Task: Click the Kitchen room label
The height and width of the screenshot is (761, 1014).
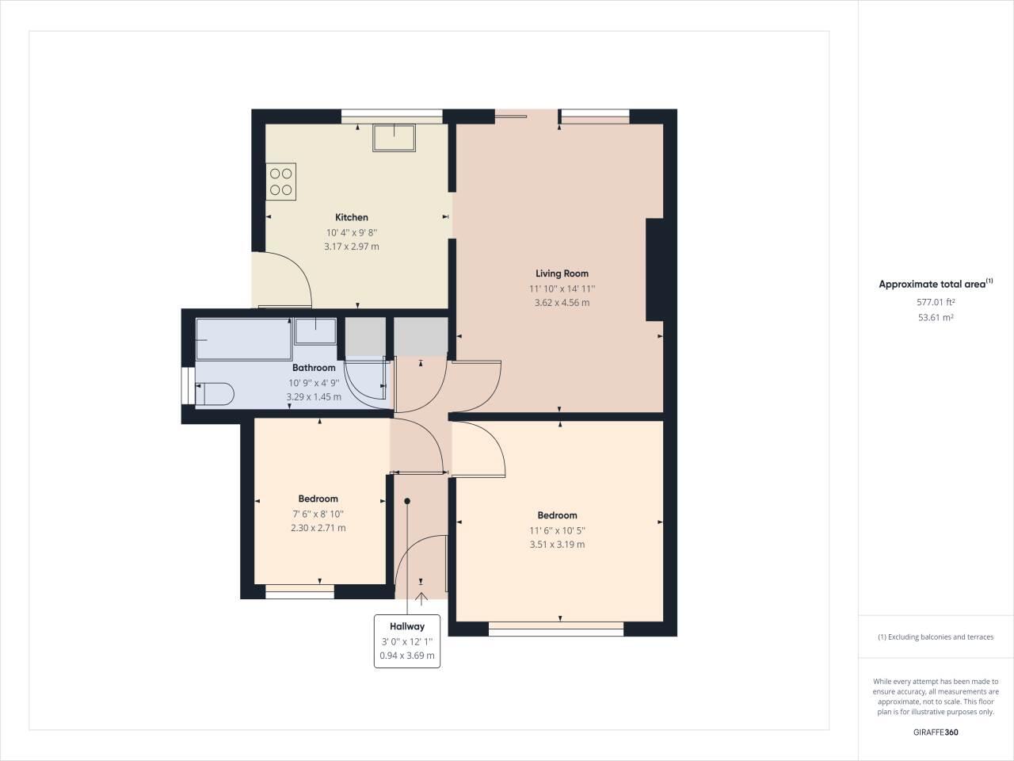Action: [351, 217]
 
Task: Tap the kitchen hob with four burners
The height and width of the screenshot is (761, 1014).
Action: [281, 182]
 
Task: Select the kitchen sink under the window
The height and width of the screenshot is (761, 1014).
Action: [394, 138]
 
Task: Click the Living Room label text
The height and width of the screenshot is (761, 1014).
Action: [562, 273]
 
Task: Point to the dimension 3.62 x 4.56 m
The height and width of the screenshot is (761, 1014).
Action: [562, 303]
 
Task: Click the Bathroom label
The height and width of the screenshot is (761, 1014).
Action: [314, 368]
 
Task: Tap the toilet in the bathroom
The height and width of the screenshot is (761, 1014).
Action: [215, 393]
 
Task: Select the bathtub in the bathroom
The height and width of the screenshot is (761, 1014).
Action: [243, 339]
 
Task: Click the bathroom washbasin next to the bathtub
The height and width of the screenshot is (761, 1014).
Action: [315, 331]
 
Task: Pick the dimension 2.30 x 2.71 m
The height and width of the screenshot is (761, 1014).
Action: [318, 528]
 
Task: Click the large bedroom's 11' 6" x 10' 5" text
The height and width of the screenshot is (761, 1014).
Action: [557, 530]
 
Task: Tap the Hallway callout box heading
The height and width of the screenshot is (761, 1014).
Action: [407, 626]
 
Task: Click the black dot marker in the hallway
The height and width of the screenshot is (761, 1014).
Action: [407, 501]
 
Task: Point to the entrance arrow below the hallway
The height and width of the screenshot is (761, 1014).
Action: [421, 598]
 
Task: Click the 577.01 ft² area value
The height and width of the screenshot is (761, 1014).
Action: [936, 302]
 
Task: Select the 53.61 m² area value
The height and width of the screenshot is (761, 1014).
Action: [936, 317]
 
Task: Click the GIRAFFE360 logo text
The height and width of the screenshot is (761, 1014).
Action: [936, 732]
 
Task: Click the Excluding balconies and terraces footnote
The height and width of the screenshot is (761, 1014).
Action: [936, 637]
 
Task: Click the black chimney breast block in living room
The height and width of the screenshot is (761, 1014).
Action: [655, 270]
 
